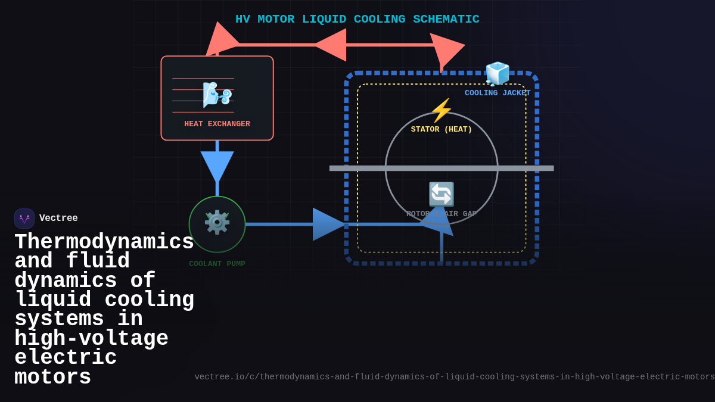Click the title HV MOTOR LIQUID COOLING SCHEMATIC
357,19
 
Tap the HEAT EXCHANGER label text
217,124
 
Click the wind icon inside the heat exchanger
216,95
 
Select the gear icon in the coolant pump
217,222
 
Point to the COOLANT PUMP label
217,264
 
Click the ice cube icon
497,74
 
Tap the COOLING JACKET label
498,93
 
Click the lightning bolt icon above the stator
442,111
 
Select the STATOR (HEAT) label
441,129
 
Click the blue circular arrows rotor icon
442,194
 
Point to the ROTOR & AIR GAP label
441,214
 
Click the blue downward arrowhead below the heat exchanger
217,166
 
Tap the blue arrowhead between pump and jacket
328,224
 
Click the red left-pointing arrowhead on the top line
331,45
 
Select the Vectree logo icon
24,219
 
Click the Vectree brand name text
58,219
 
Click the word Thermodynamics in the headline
104,242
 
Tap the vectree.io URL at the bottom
454,377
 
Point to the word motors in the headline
52,378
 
